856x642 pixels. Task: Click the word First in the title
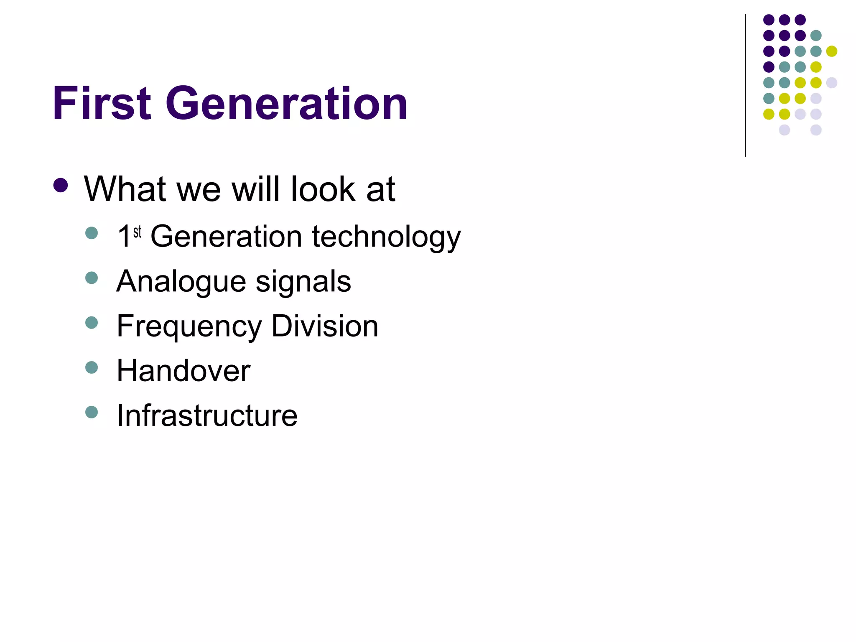(x=102, y=103)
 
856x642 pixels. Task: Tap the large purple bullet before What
(x=61, y=185)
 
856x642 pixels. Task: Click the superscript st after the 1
(x=138, y=232)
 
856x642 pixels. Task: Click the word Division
(x=325, y=326)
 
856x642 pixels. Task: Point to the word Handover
(x=183, y=371)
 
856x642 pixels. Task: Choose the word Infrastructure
(x=207, y=415)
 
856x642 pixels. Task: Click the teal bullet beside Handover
(x=92, y=367)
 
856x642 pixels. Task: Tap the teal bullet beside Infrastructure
(x=92, y=412)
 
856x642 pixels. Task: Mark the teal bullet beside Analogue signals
(x=92, y=278)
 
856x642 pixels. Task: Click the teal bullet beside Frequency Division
(x=92, y=323)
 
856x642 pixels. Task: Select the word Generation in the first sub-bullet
(x=226, y=237)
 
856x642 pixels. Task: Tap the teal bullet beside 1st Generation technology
(x=92, y=233)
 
